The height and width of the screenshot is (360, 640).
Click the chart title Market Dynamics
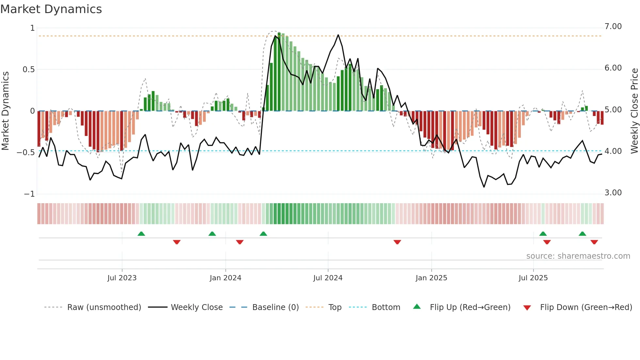pos(51,9)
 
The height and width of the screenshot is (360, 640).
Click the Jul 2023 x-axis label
pos(122,278)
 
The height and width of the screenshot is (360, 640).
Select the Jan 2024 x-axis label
pos(225,278)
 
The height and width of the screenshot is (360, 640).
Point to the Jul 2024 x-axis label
pos(328,278)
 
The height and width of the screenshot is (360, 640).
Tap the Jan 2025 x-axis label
pos(431,278)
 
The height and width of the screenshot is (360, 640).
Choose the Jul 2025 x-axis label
pos(533,278)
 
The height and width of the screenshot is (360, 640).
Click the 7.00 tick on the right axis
pos(613,26)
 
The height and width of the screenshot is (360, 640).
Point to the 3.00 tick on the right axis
pos(613,193)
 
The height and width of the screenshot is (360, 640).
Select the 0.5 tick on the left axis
pos(28,70)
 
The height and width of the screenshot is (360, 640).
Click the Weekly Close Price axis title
pos(634,111)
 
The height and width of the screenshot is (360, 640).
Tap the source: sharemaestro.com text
pos(578,256)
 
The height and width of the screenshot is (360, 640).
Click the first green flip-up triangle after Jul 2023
pos(141,234)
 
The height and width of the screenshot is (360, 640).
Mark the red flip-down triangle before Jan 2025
pos(397,242)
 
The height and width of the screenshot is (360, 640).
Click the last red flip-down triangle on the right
pos(594,242)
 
